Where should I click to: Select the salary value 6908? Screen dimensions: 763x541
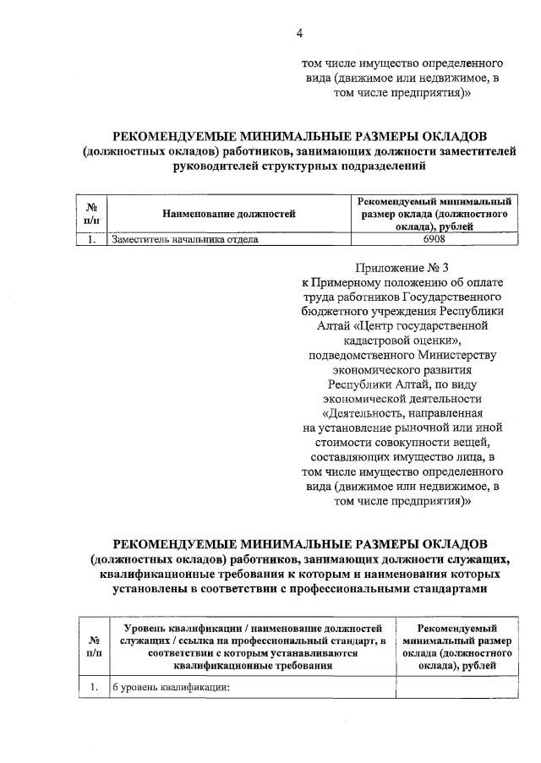(432, 239)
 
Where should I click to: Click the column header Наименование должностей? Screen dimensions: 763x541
(229, 214)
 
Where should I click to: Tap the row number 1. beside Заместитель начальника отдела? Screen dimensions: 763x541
(90, 239)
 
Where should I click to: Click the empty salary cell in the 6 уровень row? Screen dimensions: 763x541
(456, 686)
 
